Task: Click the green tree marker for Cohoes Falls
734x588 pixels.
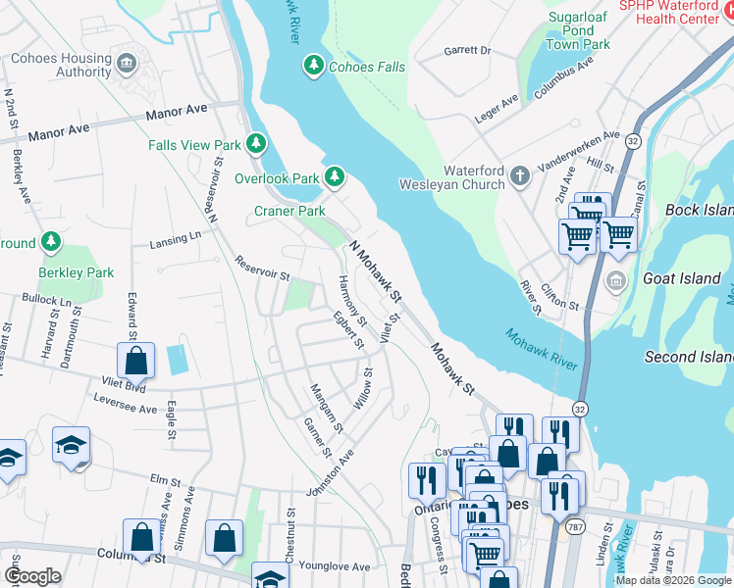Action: [x=313, y=66]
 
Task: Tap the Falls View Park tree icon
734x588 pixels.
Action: [x=255, y=145]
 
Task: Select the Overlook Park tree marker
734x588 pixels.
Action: [x=335, y=177]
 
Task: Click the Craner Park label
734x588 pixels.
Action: [x=289, y=211]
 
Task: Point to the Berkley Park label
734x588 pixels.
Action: [x=77, y=272]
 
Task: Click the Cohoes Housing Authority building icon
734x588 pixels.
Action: [x=126, y=65]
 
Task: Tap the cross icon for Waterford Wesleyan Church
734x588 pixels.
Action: [x=519, y=176]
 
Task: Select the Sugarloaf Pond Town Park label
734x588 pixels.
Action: [x=578, y=31]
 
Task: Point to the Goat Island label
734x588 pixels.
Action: [x=682, y=278]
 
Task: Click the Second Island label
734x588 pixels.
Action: [x=688, y=357]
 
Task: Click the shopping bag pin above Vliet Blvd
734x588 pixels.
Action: [x=136, y=360]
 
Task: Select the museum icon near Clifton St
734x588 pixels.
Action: [x=615, y=282]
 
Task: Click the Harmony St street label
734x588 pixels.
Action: [x=351, y=301]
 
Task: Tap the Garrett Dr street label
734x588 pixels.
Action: [x=466, y=50]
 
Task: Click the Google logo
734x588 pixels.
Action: [x=32, y=576]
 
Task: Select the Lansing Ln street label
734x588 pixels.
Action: [x=175, y=239]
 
